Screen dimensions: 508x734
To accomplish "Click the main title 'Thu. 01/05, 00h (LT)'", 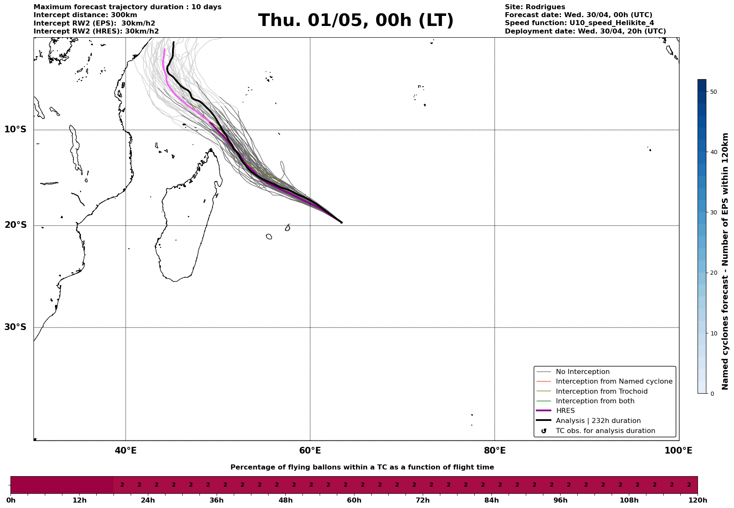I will (x=356, y=21).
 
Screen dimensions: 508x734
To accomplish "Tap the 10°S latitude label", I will (x=16, y=129).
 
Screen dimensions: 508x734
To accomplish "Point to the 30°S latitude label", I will (x=16, y=327).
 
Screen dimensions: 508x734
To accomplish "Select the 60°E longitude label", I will (x=310, y=451).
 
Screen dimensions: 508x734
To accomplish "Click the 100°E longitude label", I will (x=678, y=451).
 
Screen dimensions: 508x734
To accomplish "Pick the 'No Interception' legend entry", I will (x=582, y=372).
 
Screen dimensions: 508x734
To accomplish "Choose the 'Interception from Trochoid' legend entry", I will (x=601, y=392).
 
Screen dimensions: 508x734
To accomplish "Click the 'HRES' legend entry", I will (x=565, y=411).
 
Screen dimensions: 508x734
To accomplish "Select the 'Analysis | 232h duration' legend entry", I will (x=598, y=421).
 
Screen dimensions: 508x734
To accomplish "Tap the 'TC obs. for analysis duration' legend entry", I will (x=605, y=431).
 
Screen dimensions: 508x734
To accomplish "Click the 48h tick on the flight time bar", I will (x=285, y=500).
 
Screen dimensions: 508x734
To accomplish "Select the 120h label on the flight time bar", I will (x=698, y=500).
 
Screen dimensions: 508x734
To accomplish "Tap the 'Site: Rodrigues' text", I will (x=535, y=7).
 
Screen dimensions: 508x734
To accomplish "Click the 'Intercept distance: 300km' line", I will (x=85, y=15).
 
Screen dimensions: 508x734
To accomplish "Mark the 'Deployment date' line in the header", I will (x=585, y=31).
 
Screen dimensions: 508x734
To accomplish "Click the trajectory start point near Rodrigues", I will (x=341, y=222).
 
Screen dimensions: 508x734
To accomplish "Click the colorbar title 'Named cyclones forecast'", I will (x=725, y=261).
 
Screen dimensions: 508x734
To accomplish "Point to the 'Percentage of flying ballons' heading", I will (x=362, y=467).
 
